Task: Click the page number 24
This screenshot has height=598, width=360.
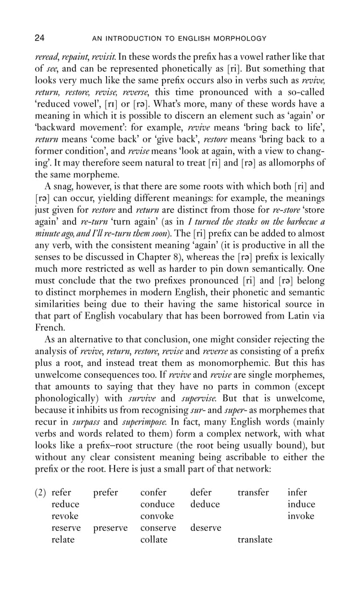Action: [x=39, y=38]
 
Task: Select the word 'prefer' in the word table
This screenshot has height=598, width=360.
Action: [x=106, y=492]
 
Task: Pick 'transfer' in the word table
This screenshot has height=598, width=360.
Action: [x=253, y=492]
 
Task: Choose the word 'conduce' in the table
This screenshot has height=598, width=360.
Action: [x=157, y=504]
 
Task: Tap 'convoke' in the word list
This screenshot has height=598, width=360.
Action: [x=156, y=516]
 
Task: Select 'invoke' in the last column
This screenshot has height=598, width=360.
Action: [x=301, y=516]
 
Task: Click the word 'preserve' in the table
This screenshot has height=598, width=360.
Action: [x=110, y=528]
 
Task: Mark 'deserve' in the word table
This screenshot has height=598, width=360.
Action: [x=206, y=528]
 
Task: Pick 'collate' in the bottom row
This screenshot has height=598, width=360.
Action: [x=153, y=540]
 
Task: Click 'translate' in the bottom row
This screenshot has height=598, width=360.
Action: [x=255, y=540]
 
